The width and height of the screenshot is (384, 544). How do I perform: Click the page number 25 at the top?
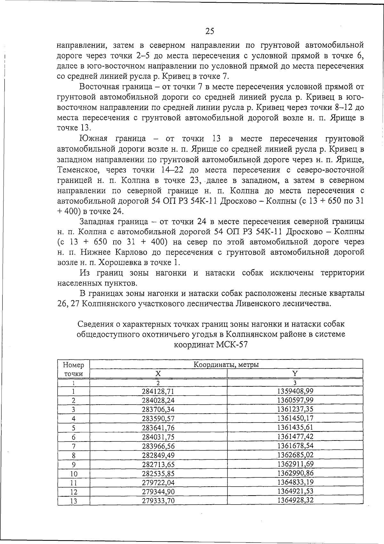point(210,31)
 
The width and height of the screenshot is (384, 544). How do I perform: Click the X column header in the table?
point(158,374)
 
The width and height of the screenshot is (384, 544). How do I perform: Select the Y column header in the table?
point(295,373)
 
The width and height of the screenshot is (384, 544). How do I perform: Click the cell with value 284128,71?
point(158,391)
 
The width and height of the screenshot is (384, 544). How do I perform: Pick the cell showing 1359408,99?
point(295,391)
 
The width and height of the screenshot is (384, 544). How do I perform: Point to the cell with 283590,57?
point(158,418)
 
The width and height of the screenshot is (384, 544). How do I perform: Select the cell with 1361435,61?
point(295,427)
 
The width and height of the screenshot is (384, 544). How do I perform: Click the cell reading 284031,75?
point(158,437)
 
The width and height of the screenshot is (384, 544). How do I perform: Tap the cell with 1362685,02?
point(295,455)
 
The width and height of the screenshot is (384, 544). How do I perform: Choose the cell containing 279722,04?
point(158,482)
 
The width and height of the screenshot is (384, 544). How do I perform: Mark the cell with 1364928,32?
point(295,500)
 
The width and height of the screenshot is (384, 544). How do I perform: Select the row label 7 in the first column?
point(74,446)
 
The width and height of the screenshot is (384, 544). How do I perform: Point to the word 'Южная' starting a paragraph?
point(94,139)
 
